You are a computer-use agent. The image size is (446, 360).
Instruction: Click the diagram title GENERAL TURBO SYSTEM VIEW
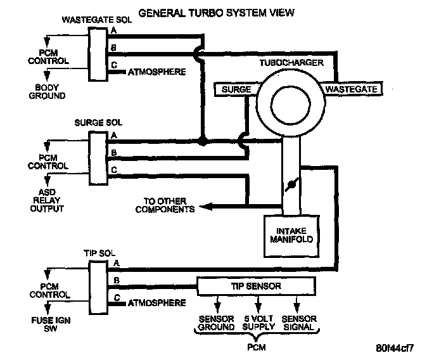pos(216,13)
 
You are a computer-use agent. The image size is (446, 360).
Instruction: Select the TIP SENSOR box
pos(256,286)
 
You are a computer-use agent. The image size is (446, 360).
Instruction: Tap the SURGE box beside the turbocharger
pos(236,89)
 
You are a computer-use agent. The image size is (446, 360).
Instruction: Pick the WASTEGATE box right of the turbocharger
pos(352,89)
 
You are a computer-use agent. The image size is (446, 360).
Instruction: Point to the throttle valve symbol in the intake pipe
pos(292,184)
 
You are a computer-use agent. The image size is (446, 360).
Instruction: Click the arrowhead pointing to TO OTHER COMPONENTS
pos(206,207)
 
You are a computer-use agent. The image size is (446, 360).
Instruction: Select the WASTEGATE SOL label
pos(97,20)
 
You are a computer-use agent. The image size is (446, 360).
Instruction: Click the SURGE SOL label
pos(98,123)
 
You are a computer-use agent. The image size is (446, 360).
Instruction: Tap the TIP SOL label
pos(99,254)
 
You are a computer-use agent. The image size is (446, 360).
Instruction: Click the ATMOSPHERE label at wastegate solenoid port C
pos(156,72)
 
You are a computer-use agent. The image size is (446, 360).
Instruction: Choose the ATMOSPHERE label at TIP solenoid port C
pos(156,303)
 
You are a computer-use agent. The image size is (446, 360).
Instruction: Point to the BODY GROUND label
pos(47,91)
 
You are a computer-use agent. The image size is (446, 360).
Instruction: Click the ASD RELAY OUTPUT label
pos(47,200)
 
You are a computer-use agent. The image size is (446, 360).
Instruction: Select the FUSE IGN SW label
pos(51,325)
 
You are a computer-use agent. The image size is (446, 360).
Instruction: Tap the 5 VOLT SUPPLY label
pos(258,323)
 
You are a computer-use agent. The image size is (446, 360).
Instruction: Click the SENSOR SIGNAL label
pos(298,323)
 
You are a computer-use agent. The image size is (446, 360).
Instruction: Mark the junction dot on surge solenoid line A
pos(203,141)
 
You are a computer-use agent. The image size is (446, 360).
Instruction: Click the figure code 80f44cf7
pos(395,348)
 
